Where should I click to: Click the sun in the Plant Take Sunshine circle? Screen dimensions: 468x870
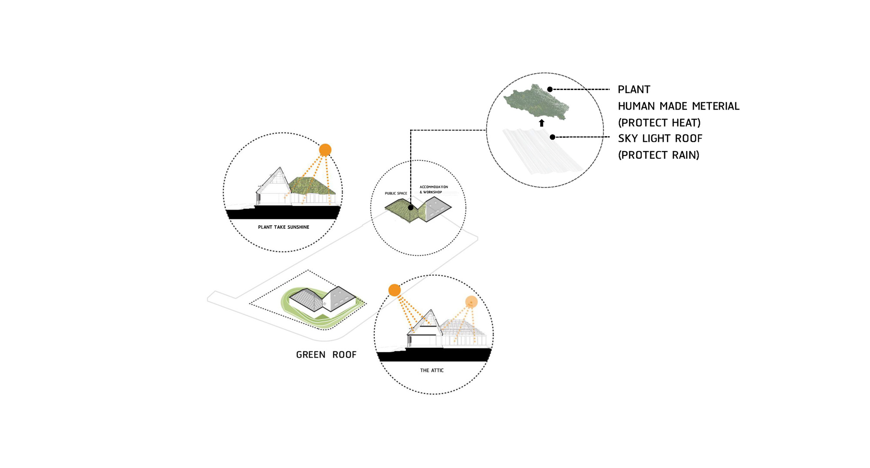(325, 150)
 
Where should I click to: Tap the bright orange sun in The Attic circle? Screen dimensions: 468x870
(394, 290)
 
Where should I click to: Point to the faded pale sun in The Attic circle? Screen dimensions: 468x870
(471, 301)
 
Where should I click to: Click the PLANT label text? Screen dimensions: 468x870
(634, 90)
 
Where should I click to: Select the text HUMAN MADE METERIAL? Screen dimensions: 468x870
(678, 106)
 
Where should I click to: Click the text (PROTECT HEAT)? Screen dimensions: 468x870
(659, 123)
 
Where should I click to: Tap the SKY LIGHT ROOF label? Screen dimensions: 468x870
(660, 139)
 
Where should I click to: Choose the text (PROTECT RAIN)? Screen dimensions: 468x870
(658, 155)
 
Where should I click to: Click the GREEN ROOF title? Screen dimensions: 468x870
(326, 355)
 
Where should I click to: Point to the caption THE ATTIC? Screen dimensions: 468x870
(432, 371)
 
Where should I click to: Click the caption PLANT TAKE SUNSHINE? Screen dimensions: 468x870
(283, 227)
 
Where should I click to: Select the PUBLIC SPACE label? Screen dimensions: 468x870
(396, 194)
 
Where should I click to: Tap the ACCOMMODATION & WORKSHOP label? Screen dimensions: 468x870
(433, 189)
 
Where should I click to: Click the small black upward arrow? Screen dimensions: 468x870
(542, 123)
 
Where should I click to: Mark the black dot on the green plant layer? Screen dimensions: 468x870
(550, 89)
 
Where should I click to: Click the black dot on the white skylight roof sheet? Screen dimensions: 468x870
(552, 137)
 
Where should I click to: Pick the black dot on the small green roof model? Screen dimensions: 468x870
(411, 208)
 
